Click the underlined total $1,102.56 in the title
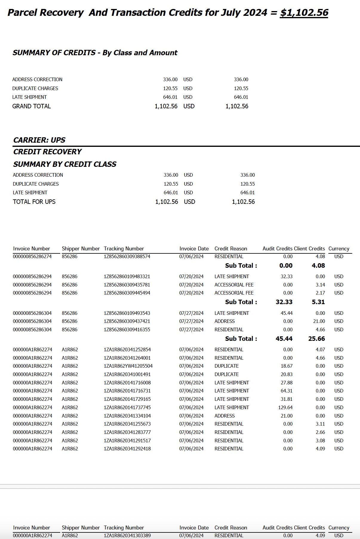[x=304, y=13]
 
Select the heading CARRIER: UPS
[x=39, y=140]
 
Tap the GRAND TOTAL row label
[x=31, y=106]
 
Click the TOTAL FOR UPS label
[x=34, y=202]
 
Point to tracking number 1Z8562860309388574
[x=127, y=256]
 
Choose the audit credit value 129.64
[x=285, y=407]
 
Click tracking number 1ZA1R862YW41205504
[x=128, y=366]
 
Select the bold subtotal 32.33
[x=284, y=302]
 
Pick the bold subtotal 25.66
[x=316, y=339]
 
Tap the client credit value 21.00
[x=319, y=321]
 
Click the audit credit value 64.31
[x=286, y=391]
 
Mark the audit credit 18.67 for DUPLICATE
[x=286, y=366]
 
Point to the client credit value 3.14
[x=320, y=285]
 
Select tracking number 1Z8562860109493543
[x=127, y=313]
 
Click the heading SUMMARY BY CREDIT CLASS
[x=65, y=164]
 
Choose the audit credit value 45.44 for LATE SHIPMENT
[x=286, y=313]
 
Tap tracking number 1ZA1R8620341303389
[x=127, y=535]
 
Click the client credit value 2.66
[x=320, y=432]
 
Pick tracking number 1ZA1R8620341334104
[x=127, y=416]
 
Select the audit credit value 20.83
[x=286, y=374]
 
